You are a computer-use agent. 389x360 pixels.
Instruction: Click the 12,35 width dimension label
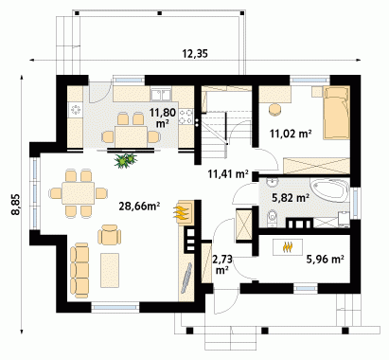click(195, 54)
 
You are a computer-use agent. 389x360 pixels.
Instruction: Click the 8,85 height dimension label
click(16, 205)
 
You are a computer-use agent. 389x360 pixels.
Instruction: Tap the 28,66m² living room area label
click(139, 207)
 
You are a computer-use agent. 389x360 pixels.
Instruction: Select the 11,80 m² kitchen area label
click(162, 117)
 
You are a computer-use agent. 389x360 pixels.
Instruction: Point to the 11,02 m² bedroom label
click(291, 134)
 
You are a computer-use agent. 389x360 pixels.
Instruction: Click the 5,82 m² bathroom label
click(291, 198)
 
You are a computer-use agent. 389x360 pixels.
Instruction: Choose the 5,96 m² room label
click(325, 260)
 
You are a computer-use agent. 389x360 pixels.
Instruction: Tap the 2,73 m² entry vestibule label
click(222, 264)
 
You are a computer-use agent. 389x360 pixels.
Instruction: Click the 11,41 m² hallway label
click(228, 173)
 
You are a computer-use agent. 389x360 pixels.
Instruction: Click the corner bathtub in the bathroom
click(330, 190)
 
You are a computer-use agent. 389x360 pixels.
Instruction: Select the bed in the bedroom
click(337, 112)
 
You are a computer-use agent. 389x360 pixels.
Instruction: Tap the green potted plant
click(125, 160)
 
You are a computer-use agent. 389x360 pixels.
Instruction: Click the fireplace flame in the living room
click(181, 212)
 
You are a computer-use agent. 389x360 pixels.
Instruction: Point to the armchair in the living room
click(110, 235)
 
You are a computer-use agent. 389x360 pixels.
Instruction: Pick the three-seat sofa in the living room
click(80, 270)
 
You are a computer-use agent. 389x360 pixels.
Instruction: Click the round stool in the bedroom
click(274, 109)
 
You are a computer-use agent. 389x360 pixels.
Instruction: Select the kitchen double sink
click(161, 94)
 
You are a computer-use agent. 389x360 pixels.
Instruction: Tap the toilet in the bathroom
click(272, 218)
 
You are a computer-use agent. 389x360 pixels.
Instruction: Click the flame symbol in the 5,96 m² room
click(287, 246)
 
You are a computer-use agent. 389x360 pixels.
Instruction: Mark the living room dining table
click(79, 192)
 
